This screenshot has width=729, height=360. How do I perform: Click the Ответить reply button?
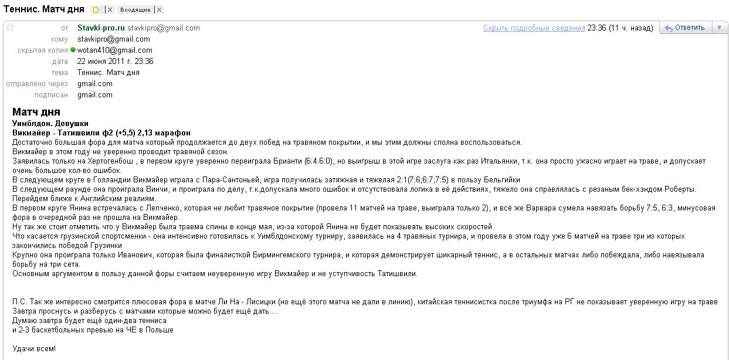[684, 28]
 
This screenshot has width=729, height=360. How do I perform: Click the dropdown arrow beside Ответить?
[720, 28]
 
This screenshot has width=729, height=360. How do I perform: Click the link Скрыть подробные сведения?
[534, 28]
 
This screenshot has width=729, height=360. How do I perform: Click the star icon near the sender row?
[10, 27]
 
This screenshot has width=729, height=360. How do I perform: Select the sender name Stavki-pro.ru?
[101, 28]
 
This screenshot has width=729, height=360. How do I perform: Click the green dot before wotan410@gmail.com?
[73, 50]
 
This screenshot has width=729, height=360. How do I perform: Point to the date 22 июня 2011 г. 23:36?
[115, 61]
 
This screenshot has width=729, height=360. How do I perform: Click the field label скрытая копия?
[42, 50]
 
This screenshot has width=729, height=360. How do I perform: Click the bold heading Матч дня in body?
[36, 112]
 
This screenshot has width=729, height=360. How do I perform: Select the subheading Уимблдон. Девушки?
[50, 124]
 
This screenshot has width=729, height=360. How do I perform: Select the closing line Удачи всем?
[34, 349]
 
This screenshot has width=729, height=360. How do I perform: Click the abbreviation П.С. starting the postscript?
[20, 302]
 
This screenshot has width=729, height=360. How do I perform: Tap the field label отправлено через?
[37, 84]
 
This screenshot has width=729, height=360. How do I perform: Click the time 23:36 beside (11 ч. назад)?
[596, 28]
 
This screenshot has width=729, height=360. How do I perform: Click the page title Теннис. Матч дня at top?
[44, 9]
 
